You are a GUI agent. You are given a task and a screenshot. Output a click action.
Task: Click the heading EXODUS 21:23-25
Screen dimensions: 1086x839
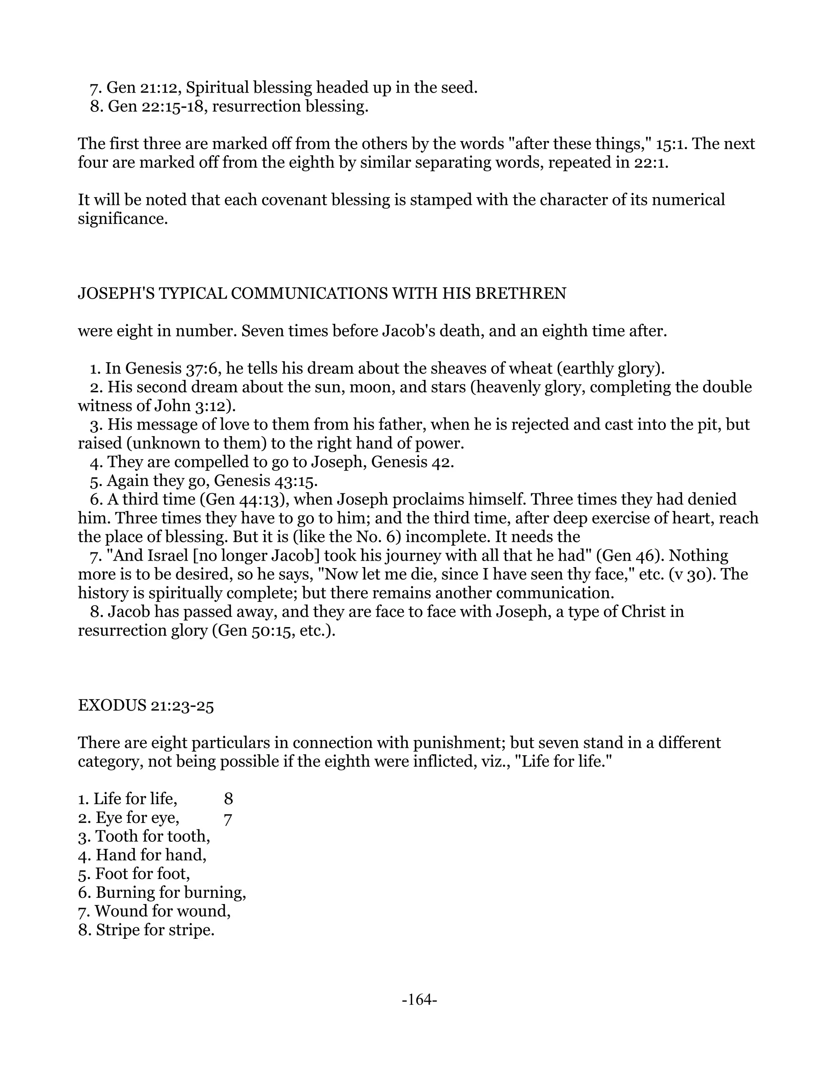[x=145, y=706]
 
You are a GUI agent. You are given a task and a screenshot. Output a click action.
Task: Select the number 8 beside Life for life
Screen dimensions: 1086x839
[x=228, y=799]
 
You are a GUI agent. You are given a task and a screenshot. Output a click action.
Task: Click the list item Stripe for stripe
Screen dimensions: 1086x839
[x=146, y=929]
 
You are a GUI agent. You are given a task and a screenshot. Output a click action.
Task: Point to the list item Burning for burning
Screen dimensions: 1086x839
[x=162, y=892]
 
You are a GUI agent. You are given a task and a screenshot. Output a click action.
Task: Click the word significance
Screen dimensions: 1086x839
[x=122, y=218]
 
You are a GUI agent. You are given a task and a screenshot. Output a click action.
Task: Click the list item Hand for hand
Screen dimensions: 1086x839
[x=142, y=855]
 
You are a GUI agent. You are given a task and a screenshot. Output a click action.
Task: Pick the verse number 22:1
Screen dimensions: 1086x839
[x=649, y=163]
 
